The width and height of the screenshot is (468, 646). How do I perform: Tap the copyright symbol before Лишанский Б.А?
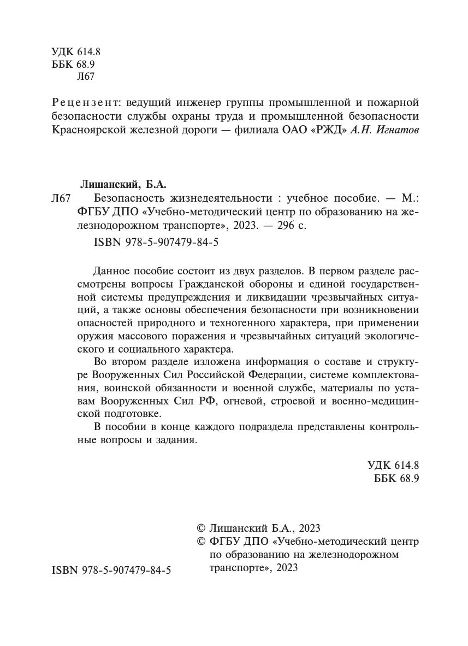pos(200,528)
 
